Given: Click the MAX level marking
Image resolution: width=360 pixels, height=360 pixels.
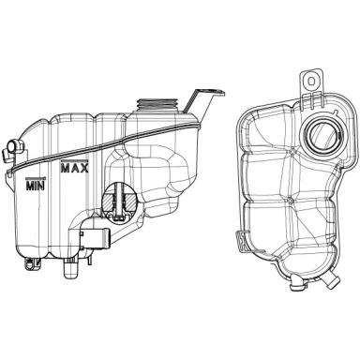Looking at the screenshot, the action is click(x=74, y=167).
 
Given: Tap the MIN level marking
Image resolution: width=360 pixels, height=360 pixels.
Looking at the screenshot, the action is click(x=36, y=184).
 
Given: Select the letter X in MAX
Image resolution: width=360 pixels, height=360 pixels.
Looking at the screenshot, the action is click(x=83, y=168).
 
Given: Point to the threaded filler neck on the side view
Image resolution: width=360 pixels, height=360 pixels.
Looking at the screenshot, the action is click(x=157, y=105).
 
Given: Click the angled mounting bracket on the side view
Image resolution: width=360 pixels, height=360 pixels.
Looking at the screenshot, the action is click(x=203, y=103).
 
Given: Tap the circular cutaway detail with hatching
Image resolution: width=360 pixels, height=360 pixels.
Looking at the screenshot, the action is click(x=119, y=202).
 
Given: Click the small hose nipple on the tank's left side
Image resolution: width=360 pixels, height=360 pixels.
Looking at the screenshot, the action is click(x=13, y=148).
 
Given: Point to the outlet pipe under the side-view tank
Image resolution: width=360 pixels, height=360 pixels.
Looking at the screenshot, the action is click(x=70, y=268).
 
